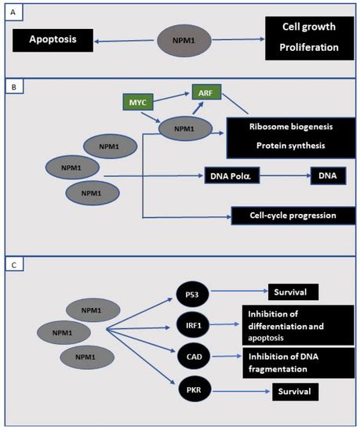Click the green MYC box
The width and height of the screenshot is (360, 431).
point(138,102)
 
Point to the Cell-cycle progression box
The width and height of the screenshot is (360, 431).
point(287,215)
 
